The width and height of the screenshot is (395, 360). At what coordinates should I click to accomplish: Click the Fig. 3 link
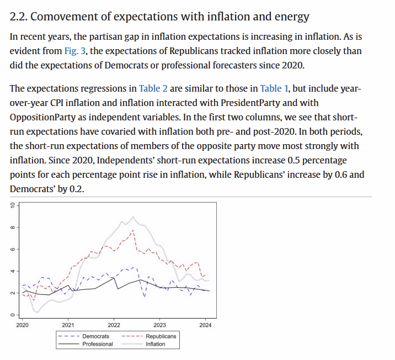75,51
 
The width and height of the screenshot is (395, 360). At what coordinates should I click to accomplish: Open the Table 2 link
153,88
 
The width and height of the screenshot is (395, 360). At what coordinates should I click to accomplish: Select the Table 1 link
274,88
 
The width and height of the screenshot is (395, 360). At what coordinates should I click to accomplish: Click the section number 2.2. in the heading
19,17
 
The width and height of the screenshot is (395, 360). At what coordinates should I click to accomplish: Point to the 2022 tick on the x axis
114,325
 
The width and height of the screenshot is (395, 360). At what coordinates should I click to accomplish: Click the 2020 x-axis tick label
23,325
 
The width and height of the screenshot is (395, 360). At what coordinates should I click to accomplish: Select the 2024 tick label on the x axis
205,325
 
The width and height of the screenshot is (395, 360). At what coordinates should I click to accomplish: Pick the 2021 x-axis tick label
68,325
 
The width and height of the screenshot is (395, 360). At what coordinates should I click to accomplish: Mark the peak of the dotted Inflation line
133,216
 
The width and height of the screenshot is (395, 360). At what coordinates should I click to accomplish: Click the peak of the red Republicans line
133,230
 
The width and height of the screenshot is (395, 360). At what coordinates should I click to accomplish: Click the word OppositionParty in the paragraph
42,118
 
